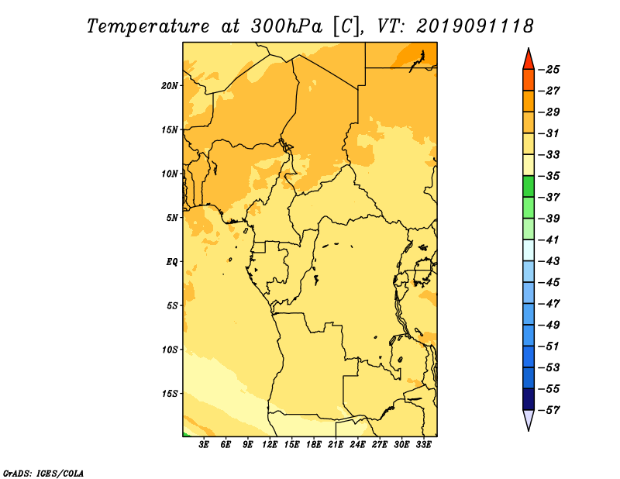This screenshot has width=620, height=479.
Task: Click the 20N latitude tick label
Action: coord(169,85)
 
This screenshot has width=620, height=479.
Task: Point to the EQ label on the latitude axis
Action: coord(171,262)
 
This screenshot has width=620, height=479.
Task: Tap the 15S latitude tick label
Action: coord(169,394)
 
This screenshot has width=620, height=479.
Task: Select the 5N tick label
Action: coord(172,218)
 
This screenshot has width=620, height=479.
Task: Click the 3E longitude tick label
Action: coord(204,444)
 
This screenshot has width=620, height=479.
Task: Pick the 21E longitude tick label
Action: coord(336,444)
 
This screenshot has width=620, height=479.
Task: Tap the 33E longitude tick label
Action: coord(423,444)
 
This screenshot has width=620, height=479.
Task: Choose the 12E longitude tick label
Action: coord(270,444)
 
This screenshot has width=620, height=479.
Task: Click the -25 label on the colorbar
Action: coord(549,70)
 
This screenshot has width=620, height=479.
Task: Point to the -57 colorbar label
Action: coord(549,410)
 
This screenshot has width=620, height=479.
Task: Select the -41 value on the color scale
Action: coord(549,239)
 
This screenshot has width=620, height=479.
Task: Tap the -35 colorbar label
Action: coord(549,176)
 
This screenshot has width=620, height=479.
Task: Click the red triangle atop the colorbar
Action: coord(529,60)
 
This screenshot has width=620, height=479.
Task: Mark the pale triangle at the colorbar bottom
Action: coord(529,419)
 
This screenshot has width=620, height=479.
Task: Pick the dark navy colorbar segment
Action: coord(529,399)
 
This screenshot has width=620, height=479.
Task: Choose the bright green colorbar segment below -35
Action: coord(529,186)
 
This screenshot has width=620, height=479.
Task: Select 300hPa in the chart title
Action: coord(286,26)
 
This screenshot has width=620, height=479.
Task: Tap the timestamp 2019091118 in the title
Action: coord(474,26)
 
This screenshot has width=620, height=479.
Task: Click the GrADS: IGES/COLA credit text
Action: coord(43,473)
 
